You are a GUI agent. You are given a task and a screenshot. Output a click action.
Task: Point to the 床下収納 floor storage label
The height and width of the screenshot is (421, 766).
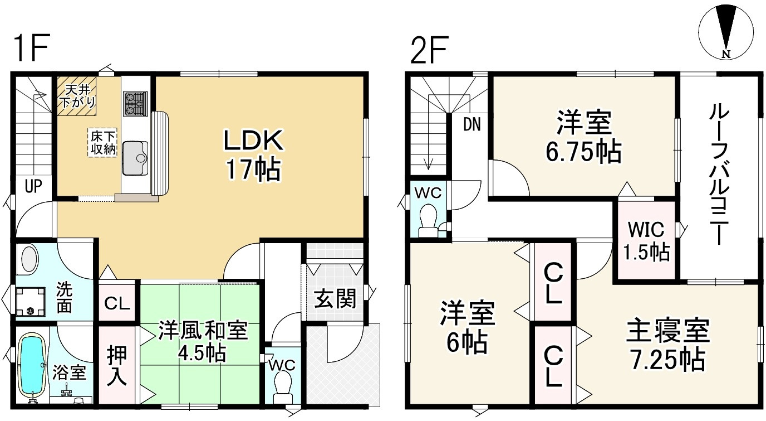(104, 142)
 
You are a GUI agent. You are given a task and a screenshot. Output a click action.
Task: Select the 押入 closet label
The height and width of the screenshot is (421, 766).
(117, 366)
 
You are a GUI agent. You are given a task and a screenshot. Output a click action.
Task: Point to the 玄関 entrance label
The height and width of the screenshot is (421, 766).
(335, 300)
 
